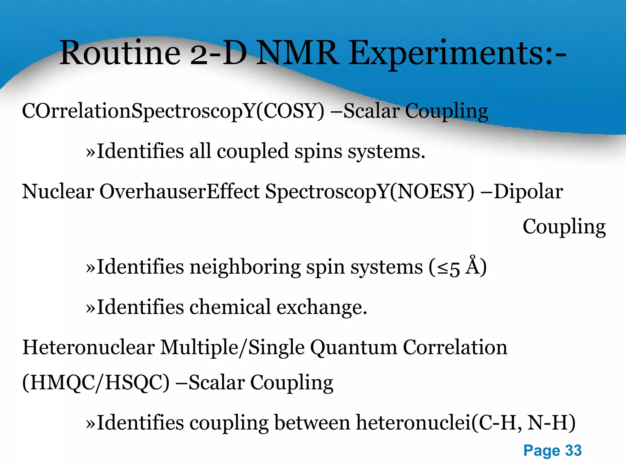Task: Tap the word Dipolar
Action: point(528,192)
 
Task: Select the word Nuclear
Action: point(58,192)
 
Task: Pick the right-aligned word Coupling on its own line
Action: point(564,227)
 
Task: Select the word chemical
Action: point(230,307)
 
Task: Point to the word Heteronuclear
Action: point(89,348)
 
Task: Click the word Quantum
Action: point(354,348)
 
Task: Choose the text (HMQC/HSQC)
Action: point(96,382)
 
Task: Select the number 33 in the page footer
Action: point(573,450)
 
